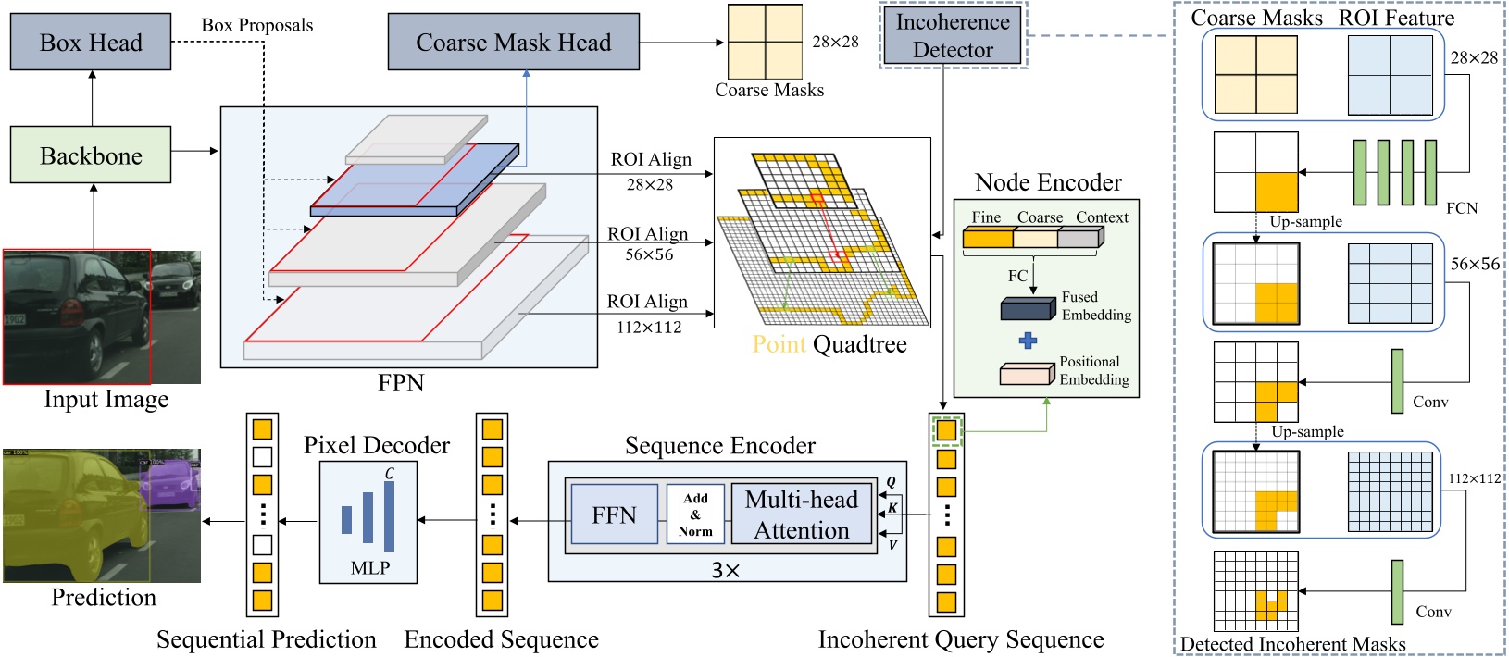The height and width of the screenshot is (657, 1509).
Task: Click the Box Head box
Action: click(91, 43)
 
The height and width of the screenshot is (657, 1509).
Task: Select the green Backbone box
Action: click(91, 155)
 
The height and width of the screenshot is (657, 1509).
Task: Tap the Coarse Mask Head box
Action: click(513, 43)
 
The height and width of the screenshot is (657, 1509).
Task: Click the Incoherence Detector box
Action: click(953, 36)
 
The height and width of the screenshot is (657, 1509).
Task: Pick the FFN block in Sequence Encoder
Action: click(614, 515)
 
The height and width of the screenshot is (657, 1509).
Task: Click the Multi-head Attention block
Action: click(802, 514)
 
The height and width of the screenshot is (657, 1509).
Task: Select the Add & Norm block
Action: click(695, 514)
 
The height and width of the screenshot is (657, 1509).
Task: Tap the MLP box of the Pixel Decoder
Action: click(368, 523)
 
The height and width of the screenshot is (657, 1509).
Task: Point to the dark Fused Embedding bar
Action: click(1028, 309)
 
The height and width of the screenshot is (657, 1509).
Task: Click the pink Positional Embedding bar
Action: click(1027, 374)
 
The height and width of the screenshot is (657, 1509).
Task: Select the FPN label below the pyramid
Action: click(401, 383)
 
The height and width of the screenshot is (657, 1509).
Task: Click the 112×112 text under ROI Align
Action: click(649, 328)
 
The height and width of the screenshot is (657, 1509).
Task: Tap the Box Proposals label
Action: click(257, 25)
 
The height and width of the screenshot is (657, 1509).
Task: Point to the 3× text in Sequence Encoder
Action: click(726, 571)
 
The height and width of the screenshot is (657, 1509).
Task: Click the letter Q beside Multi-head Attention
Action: click(892, 482)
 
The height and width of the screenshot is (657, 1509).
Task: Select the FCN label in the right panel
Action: click(1462, 208)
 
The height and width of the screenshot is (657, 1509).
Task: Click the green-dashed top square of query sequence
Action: click(946, 430)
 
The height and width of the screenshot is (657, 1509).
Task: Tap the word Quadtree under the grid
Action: click(860, 344)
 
